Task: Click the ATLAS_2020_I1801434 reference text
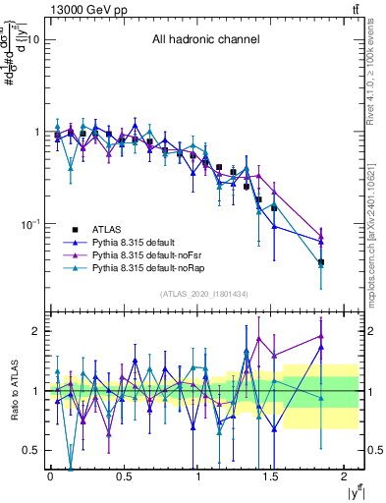(204, 294)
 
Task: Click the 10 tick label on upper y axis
(32, 40)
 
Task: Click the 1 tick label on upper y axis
(35, 133)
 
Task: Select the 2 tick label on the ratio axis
(35, 331)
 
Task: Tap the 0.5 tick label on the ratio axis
(31, 450)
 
